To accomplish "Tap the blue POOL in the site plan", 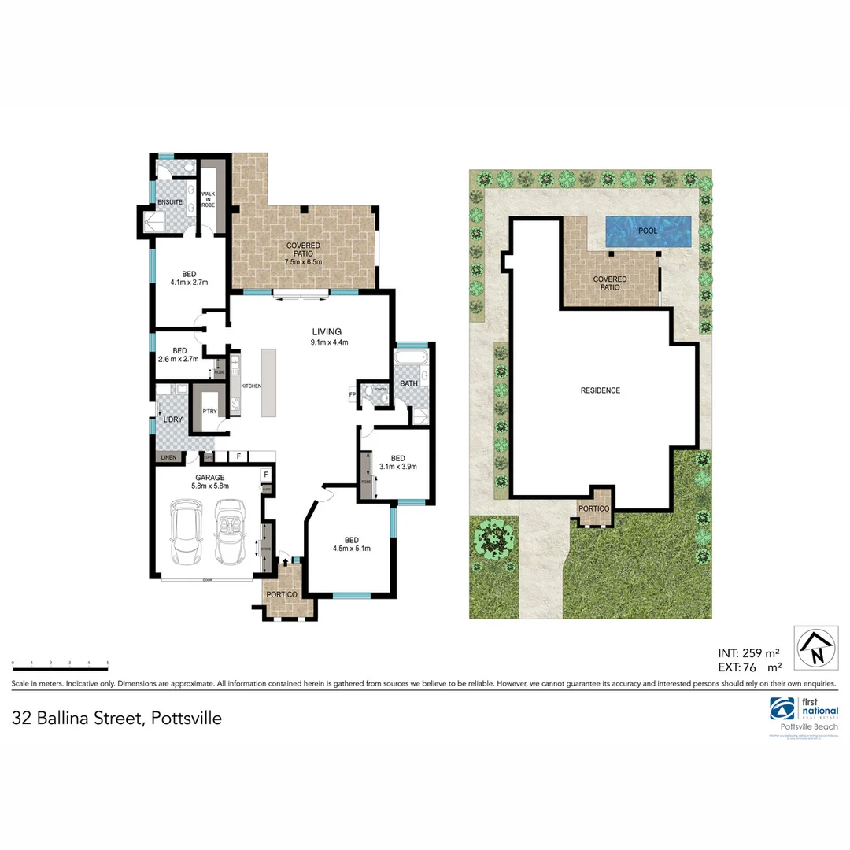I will [648, 231].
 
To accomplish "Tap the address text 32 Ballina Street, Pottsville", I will [116, 718].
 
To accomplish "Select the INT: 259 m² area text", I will [748, 652].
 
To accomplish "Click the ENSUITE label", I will [170, 202].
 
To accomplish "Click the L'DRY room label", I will [172, 419].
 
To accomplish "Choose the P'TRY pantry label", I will [209, 412].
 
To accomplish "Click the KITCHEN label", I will [251, 386].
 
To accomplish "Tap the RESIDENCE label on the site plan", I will [601, 390].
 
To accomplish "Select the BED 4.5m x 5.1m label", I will [352, 544].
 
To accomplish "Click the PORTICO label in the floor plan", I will [282, 594].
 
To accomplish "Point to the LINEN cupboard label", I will [168, 457].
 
